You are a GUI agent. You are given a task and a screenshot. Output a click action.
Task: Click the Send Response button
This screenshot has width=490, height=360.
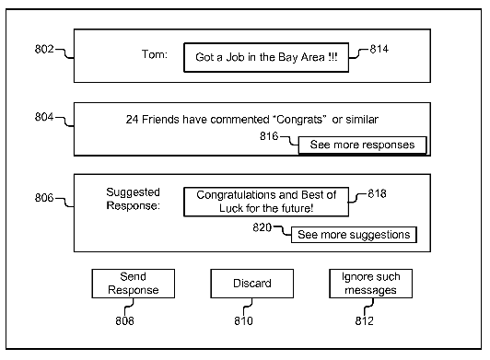[x=134, y=284]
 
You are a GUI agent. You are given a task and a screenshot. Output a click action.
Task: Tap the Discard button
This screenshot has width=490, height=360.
[x=251, y=284]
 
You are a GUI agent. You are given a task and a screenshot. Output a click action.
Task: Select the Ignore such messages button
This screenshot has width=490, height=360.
[x=370, y=284]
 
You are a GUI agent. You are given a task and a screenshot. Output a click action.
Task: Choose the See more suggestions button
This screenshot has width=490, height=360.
[x=354, y=235]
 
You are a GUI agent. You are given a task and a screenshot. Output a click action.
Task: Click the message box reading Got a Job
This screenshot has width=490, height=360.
[x=266, y=57]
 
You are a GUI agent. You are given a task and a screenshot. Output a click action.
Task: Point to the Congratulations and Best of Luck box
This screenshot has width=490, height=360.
[x=266, y=202]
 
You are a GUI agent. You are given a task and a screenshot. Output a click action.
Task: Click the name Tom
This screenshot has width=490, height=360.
[x=155, y=54]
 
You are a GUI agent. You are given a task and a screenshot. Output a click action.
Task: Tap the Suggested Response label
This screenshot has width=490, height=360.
[x=134, y=199]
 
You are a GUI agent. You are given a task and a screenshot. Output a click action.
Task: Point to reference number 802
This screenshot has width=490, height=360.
[x=44, y=49]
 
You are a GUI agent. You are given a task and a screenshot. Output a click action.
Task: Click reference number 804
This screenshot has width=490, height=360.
[x=44, y=117]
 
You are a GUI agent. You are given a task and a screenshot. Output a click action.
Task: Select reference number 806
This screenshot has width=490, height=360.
[x=44, y=198]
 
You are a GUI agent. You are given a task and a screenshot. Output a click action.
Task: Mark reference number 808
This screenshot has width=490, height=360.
[x=124, y=321]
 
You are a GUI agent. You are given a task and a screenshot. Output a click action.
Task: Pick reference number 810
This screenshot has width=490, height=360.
[x=243, y=321]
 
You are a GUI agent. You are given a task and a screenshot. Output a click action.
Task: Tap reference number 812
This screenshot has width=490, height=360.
[x=365, y=321]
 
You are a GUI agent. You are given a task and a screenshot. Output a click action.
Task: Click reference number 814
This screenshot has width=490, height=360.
[x=379, y=49]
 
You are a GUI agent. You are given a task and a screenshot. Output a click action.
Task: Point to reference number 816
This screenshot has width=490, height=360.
[x=269, y=136]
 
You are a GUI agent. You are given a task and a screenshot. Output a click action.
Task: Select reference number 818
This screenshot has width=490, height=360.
[x=377, y=193]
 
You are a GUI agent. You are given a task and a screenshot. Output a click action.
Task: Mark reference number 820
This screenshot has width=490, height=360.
[x=262, y=227]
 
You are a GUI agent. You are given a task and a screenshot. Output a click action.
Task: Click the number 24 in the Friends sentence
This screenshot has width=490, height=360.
[x=133, y=120]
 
